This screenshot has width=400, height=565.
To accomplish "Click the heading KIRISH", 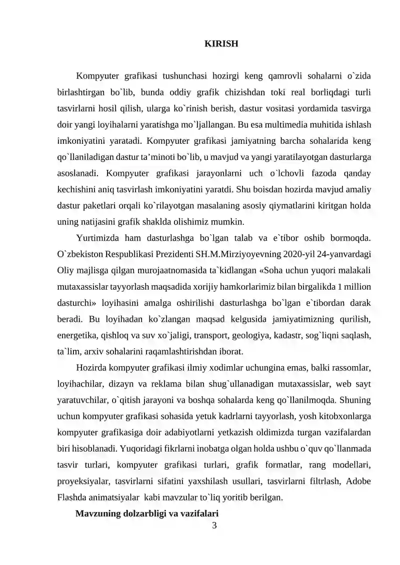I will tap(221, 44).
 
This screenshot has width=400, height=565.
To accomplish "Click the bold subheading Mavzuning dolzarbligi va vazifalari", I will tap(146, 514).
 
